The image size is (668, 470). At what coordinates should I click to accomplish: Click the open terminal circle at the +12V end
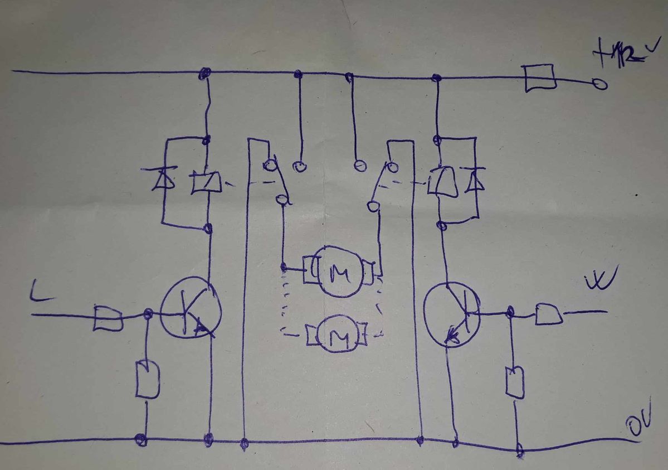(600, 85)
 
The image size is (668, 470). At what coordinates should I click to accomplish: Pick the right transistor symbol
(452, 313)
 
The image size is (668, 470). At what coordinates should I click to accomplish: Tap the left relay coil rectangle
(205, 182)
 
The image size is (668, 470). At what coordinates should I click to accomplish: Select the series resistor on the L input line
(108, 317)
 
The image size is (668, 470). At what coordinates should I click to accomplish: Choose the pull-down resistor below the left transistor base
(147, 380)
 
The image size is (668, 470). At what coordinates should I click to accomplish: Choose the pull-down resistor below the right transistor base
(515, 382)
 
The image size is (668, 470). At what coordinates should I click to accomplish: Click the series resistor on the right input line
(548, 314)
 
